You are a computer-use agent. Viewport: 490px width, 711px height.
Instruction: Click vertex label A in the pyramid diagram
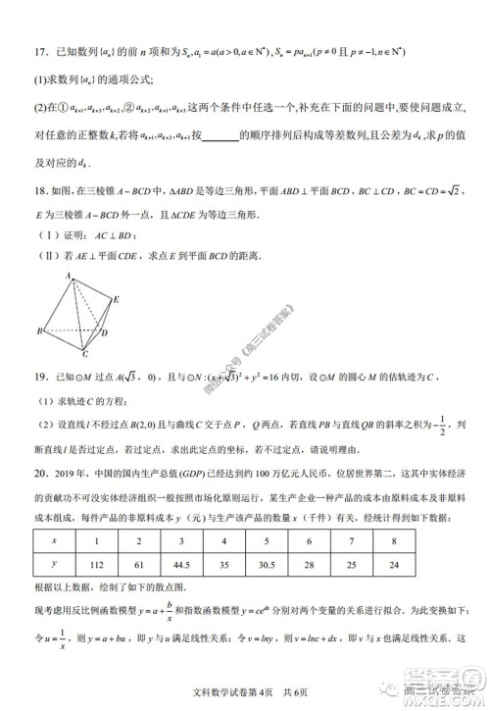(71, 279)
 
